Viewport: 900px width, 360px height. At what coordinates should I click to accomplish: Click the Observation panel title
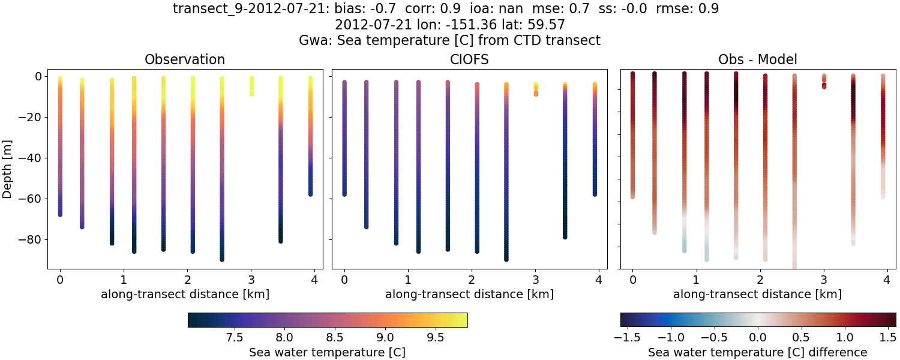tap(185, 59)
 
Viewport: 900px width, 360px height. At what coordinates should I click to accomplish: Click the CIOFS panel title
tap(469, 59)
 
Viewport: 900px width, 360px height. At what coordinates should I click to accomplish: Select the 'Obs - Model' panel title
tap(757, 59)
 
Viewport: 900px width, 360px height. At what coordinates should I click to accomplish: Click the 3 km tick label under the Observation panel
tap(251, 280)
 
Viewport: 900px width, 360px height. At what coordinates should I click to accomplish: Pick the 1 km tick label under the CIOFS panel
tap(407, 280)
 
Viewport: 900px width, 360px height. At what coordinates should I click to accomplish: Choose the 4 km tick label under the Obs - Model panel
tap(887, 280)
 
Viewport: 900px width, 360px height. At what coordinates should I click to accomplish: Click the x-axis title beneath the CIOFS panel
tap(469, 294)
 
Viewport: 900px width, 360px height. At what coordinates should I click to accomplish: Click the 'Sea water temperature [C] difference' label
tap(757, 352)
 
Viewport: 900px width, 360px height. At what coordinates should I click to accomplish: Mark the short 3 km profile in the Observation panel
tap(251, 85)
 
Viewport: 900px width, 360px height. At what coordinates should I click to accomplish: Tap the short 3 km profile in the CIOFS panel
tap(536, 89)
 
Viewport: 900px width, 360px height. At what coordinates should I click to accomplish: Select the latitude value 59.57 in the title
tap(548, 25)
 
